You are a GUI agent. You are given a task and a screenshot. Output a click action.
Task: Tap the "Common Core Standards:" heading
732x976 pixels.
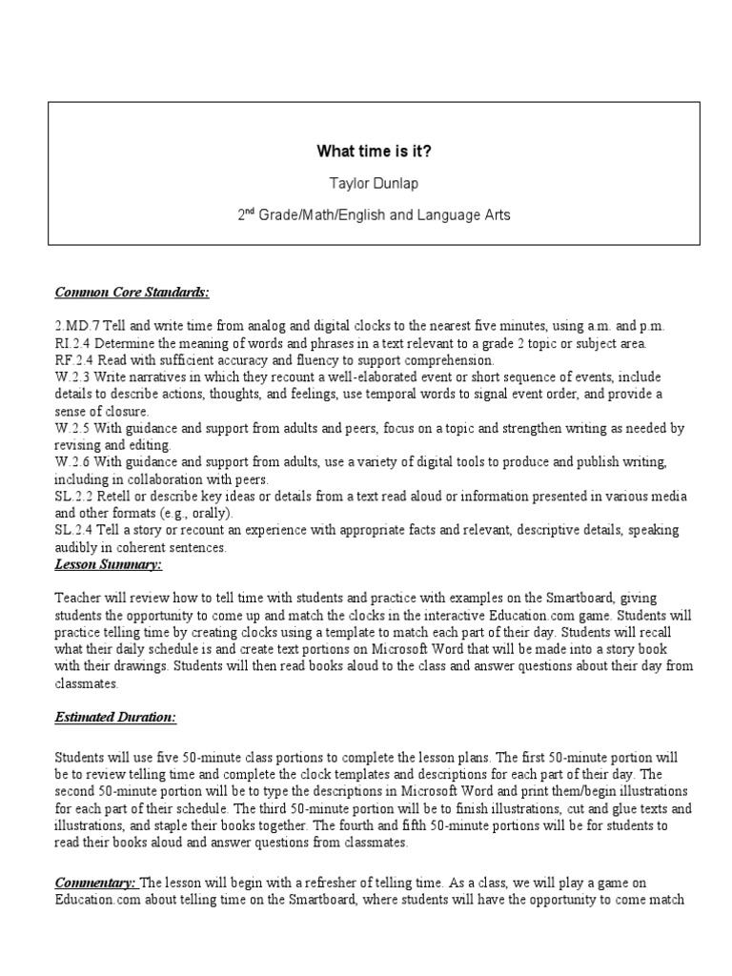(132, 292)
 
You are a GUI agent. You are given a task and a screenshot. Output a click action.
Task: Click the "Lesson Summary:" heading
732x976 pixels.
(108, 565)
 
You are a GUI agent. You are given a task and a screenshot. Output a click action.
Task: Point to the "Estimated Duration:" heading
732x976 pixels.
(115, 716)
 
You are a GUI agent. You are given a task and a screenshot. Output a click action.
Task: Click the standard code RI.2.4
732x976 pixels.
(71, 343)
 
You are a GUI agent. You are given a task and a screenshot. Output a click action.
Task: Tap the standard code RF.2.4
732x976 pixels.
(71, 360)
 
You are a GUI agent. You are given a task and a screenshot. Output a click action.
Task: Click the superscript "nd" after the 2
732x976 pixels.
(251, 211)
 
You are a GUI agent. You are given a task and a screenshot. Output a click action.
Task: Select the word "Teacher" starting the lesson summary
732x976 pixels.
(79, 599)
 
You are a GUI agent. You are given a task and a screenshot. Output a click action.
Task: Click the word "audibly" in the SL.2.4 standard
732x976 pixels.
(75, 549)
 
